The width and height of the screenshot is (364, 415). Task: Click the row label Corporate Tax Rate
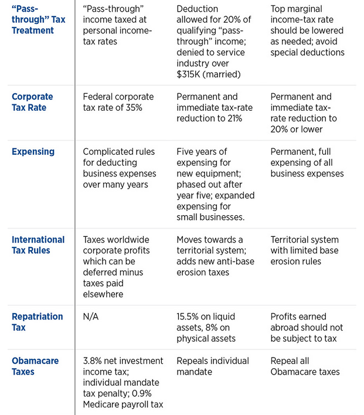click(x=32, y=102)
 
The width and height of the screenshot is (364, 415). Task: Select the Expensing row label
click(x=33, y=152)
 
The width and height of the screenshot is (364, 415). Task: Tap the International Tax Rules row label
click(x=38, y=245)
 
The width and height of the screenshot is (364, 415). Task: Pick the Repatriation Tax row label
click(x=38, y=322)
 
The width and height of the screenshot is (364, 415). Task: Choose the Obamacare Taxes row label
click(x=35, y=366)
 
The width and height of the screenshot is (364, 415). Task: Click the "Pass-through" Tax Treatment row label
click(x=38, y=19)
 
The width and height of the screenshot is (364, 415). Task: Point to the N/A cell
click(x=90, y=317)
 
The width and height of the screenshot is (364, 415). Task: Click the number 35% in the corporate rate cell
click(x=134, y=107)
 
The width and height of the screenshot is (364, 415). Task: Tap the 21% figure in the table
click(x=234, y=118)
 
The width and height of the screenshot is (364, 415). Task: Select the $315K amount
click(x=189, y=74)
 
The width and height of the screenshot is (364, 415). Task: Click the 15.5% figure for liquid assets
click(x=186, y=317)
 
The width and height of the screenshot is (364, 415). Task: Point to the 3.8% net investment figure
click(x=92, y=360)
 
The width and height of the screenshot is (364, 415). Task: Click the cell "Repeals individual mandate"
click(x=213, y=366)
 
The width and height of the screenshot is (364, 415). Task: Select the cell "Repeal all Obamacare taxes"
click(x=305, y=366)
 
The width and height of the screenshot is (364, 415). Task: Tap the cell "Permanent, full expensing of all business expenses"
click(x=307, y=162)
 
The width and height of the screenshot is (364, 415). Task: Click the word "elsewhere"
click(x=103, y=294)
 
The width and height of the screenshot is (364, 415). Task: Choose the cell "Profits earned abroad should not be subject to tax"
click(x=307, y=328)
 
